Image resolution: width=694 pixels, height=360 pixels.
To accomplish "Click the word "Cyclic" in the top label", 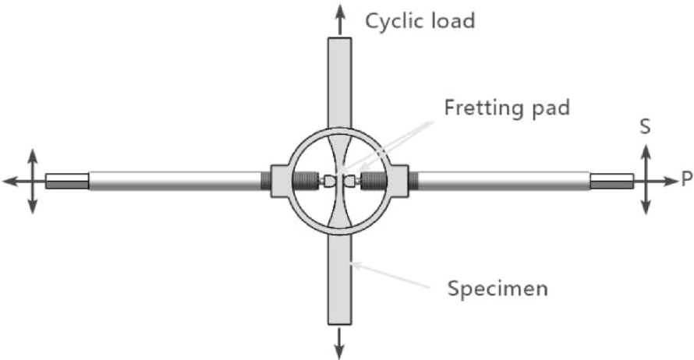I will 395,20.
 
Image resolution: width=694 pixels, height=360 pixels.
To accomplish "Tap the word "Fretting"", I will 483,107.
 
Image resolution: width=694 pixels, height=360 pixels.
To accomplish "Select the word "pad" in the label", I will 550,107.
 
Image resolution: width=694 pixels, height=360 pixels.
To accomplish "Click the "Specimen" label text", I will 497,288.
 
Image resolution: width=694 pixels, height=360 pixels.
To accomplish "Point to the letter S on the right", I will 645,127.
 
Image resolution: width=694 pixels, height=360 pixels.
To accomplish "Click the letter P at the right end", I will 685,180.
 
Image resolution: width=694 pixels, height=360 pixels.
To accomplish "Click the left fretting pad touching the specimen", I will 329,181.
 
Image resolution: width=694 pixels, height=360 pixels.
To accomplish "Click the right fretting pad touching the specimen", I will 350,181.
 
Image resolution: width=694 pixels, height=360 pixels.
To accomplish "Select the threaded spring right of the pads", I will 376,181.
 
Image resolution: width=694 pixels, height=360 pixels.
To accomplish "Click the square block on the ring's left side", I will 278,181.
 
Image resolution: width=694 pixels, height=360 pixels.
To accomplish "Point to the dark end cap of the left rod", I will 66,182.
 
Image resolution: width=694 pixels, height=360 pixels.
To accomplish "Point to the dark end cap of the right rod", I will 611,182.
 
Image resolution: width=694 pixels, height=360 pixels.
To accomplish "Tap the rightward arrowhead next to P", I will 668,181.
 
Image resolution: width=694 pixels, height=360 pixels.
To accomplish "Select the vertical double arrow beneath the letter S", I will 646,180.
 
